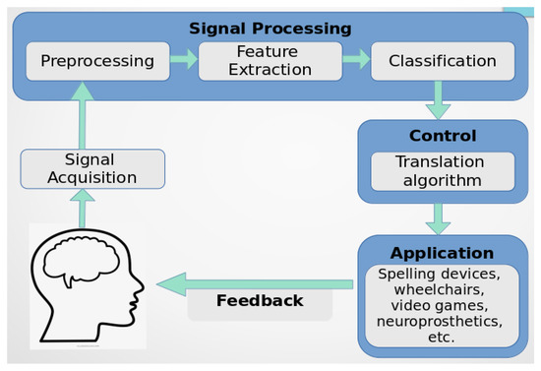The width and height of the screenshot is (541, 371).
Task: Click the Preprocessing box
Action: coord(97,61)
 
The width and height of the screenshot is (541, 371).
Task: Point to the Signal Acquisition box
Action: coord(92,169)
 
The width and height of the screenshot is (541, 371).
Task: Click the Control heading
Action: coord(442,136)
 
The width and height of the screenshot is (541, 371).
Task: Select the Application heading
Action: coord(442,252)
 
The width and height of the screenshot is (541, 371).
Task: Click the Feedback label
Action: coord(259,300)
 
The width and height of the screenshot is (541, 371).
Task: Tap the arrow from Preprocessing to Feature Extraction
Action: coord(183,61)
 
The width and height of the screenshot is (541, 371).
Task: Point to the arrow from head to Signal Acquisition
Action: coord(86,209)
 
